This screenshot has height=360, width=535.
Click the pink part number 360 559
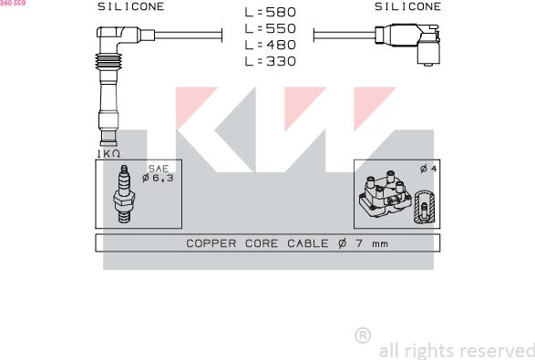click(13, 3)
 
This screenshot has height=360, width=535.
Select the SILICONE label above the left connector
click(131, 6)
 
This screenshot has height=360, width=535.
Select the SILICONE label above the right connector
click(407, 6)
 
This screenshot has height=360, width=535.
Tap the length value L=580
click(270, 12)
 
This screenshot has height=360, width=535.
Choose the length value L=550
click(270, 28)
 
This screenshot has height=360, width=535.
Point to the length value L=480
click(270, 45)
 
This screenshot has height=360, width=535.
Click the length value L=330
click(270, 61)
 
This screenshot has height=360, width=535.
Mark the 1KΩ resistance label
click(108, 154)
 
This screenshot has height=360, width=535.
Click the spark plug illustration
click(124, 194)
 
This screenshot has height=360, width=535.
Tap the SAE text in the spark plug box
click(159, 169)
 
